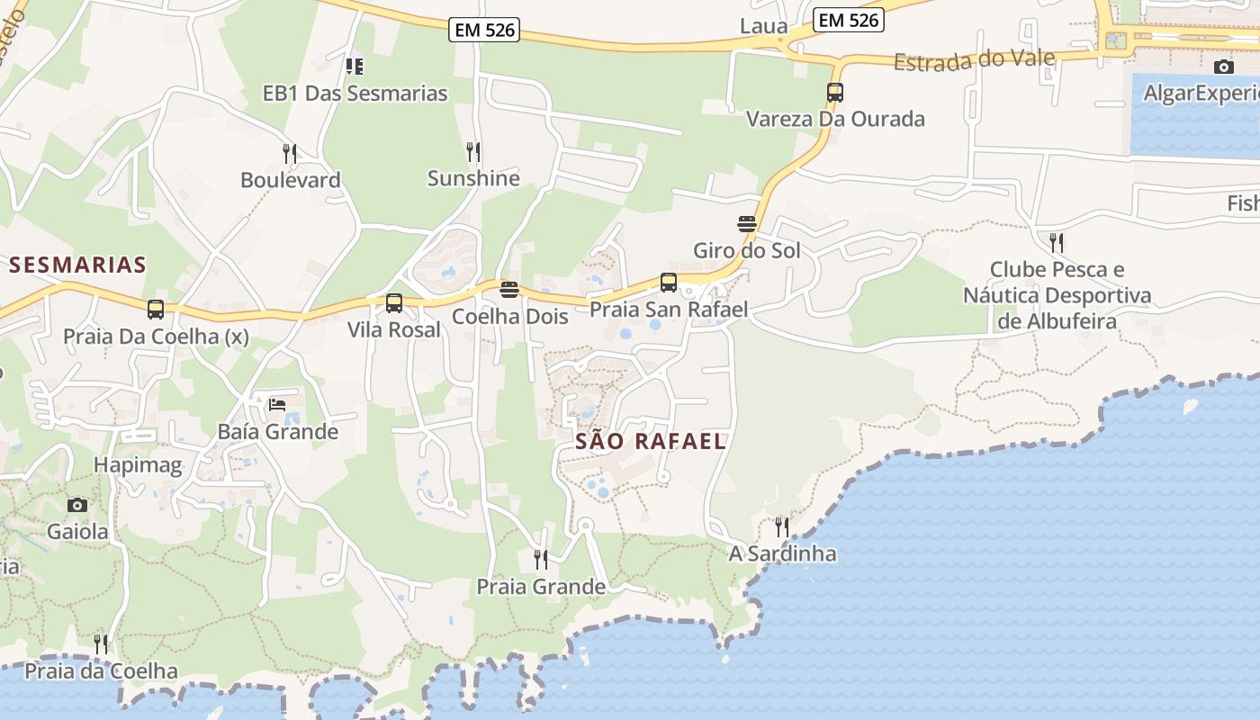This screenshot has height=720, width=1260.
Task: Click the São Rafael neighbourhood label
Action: [x=650, y=441]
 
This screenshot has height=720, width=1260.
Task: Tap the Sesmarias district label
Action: [x=77, y=265]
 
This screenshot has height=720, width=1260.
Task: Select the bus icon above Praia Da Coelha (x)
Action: [x=156, y=310]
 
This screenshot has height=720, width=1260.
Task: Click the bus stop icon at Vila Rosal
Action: [x=394, y=303]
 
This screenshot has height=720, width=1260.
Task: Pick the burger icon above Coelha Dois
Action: [x=509, y=290]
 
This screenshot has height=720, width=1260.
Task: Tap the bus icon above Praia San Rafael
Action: [x=669, y=283]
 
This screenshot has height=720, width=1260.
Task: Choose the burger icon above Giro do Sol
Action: [x=747, y=223]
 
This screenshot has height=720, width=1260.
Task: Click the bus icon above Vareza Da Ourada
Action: [x=835, y=92]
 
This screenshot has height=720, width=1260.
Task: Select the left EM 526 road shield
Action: [x=485, y=30]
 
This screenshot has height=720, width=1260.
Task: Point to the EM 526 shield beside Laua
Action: [x=849, y=20]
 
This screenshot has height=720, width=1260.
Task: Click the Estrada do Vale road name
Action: [x=974, y=60]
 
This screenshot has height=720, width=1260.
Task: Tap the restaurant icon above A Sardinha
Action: [x=782, y=526]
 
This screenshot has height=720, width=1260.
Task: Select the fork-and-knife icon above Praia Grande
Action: [x=541, y=560]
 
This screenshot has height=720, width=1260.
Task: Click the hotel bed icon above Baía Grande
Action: [x=277, y=404]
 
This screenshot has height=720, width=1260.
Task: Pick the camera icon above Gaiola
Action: [x=77, y=505]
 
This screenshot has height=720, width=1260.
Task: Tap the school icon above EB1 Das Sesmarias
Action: [x=355, y=66]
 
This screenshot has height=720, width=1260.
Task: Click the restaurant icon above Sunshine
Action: [x=473, y=151]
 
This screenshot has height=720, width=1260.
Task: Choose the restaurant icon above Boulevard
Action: [x=290, y=153]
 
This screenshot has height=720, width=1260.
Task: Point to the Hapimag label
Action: [x=138, y=465]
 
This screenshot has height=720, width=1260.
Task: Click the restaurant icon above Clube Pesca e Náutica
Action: [x=1057, y=242]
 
